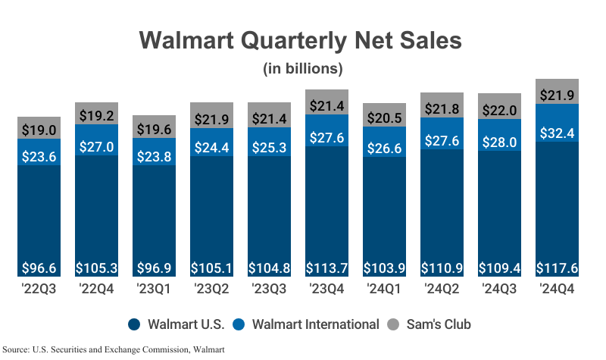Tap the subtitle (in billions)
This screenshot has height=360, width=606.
click(x=303, y=69)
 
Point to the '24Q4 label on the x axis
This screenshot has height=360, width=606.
click(x=557, y=288)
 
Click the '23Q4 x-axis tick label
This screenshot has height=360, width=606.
click(x=326, y=288)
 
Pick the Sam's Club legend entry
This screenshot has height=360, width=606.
click(x=429, y=324)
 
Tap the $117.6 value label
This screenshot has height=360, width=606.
click(x=557, y=268)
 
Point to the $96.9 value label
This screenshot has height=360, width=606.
click(x=155, y=268)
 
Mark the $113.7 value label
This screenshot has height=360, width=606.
click(x=326, y=268)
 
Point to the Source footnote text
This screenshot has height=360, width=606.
click(x=114, y=349)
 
